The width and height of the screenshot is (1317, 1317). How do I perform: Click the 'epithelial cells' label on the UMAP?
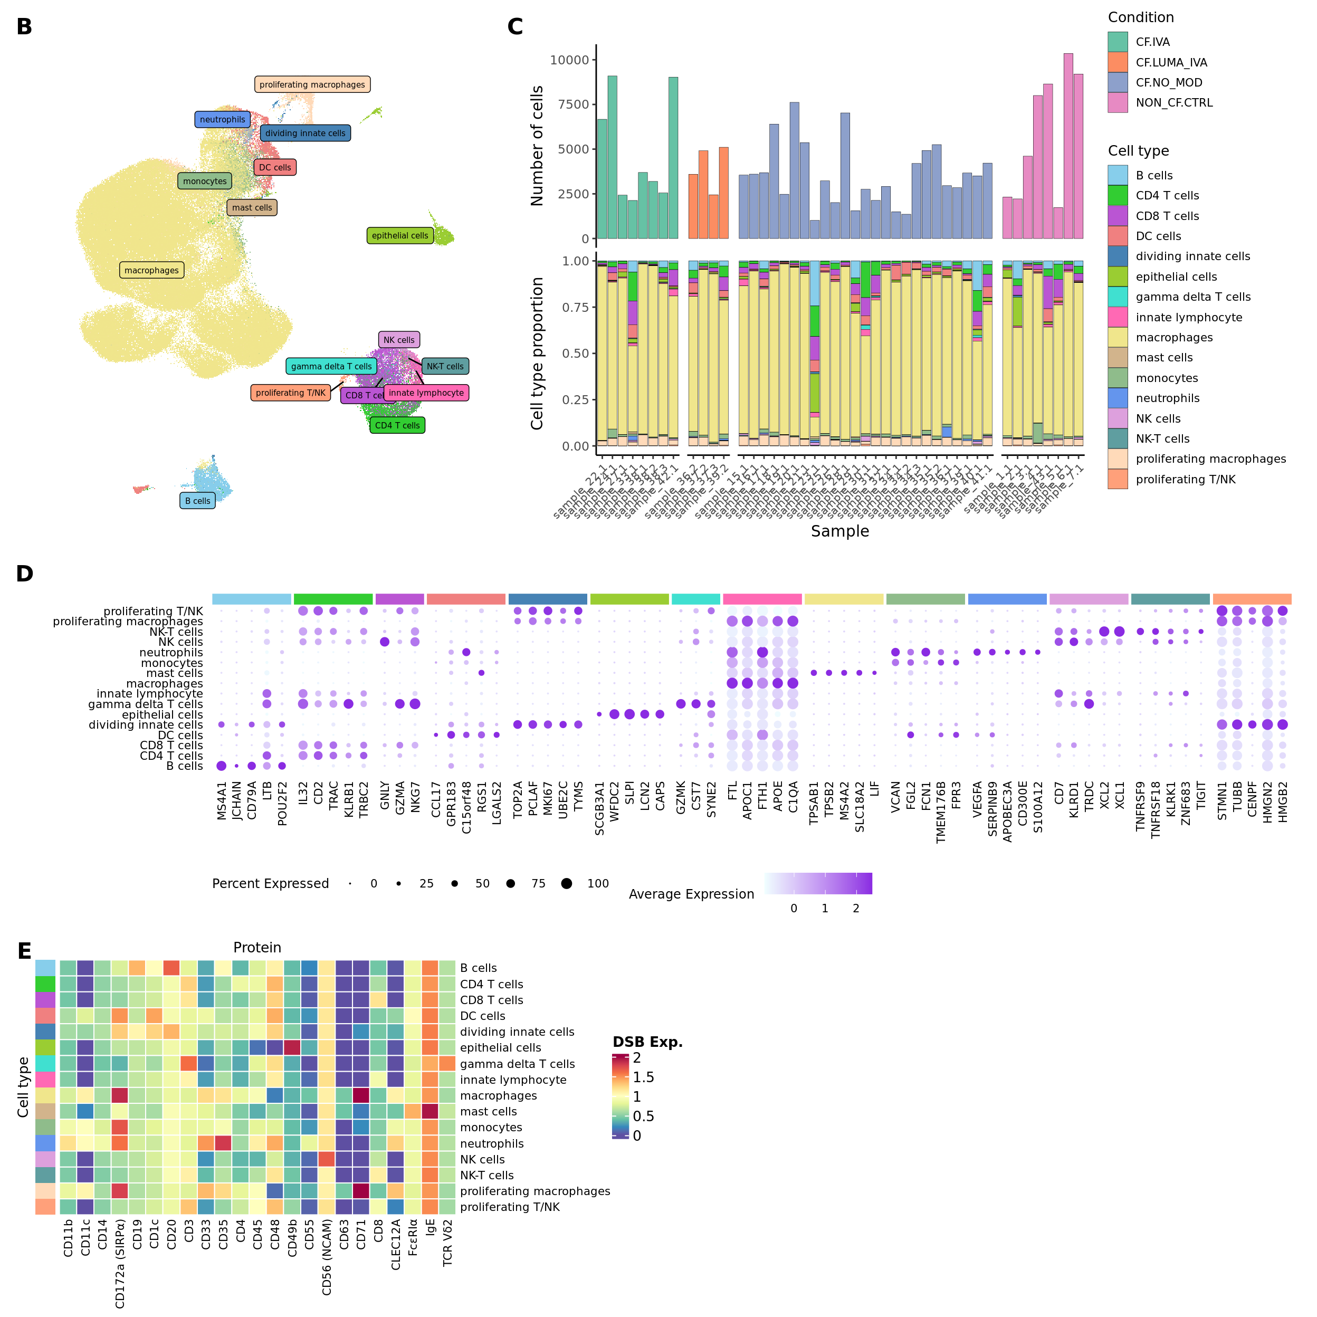click(x=400, y=236)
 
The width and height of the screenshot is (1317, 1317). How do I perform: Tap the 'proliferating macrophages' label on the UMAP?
click(x=312, y=84)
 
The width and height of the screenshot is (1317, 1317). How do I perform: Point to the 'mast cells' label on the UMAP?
click(x=252, y=208)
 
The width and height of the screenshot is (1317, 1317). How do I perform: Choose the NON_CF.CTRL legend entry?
click(x=1174, y=103)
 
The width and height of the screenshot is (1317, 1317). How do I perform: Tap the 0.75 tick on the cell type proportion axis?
click(x=575, y=308)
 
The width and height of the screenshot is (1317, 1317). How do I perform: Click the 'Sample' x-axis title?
click(x=840, y=531)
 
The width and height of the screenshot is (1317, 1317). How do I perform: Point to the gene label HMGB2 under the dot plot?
click(x=1283, y=803)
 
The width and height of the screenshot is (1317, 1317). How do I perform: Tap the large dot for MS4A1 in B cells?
click(x=222, y=766)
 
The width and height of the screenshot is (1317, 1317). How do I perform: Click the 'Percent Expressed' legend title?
click(x=270, y=883)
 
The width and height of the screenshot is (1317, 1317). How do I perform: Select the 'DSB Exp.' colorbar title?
click(x=647, y=1042)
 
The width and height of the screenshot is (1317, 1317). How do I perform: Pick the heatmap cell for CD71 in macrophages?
click(x=361, y=1095)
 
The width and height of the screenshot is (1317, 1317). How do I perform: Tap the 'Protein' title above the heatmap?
click(x=257, y=948)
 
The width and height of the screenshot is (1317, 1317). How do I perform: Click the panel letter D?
click(x=25, y=574)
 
